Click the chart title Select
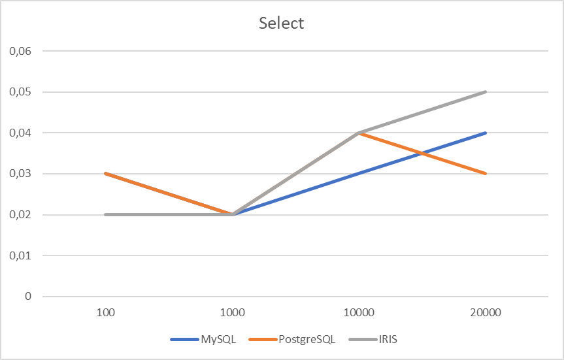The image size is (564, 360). (x=282, y=24)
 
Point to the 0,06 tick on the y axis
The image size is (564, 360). (x=18, y=51)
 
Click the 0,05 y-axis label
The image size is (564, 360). (x=18, y=92)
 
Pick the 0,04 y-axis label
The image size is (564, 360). (x=18, y=133)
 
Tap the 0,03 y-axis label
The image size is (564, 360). (x=18, y=174)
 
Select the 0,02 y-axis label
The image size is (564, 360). (x=18, y=214)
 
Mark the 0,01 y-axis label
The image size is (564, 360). (x=18, y=255)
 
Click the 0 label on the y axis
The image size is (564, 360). (x=28, y=297)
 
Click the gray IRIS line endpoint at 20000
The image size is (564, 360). (x=486, y=92)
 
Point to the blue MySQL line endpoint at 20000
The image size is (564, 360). (x=486, y=133)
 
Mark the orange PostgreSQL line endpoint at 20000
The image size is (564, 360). (x=486, y=174)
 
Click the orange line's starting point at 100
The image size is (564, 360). (x=106, y=174)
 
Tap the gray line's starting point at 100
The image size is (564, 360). (x=106, y=214)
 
